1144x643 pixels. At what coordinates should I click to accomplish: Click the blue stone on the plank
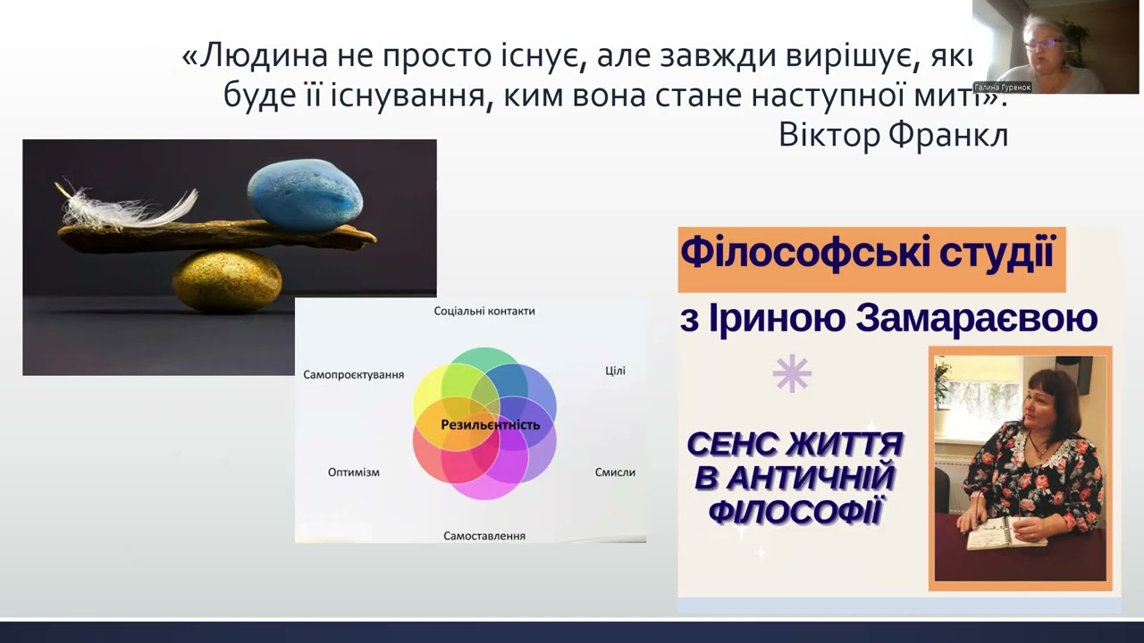tap(305, 196)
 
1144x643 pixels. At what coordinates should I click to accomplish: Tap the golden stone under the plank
tap(226, 280)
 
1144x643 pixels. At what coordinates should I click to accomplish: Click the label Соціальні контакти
tap(484, 312)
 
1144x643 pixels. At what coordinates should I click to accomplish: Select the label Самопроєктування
tap(353, 375)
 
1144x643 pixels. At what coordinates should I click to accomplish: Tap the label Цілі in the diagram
tap(615, 371)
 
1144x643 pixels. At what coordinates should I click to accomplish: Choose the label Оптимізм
tap(353, 472)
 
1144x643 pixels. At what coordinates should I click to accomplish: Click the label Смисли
tap(615, 472)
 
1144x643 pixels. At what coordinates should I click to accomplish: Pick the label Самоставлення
tap(484, 536)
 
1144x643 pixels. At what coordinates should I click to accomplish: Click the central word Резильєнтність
tap(490, 425)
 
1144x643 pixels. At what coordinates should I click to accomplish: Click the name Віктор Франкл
tap(893, 135)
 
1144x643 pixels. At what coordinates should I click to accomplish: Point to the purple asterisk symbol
tap(792, 374)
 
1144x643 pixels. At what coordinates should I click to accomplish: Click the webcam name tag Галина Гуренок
tap(1003, 88)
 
